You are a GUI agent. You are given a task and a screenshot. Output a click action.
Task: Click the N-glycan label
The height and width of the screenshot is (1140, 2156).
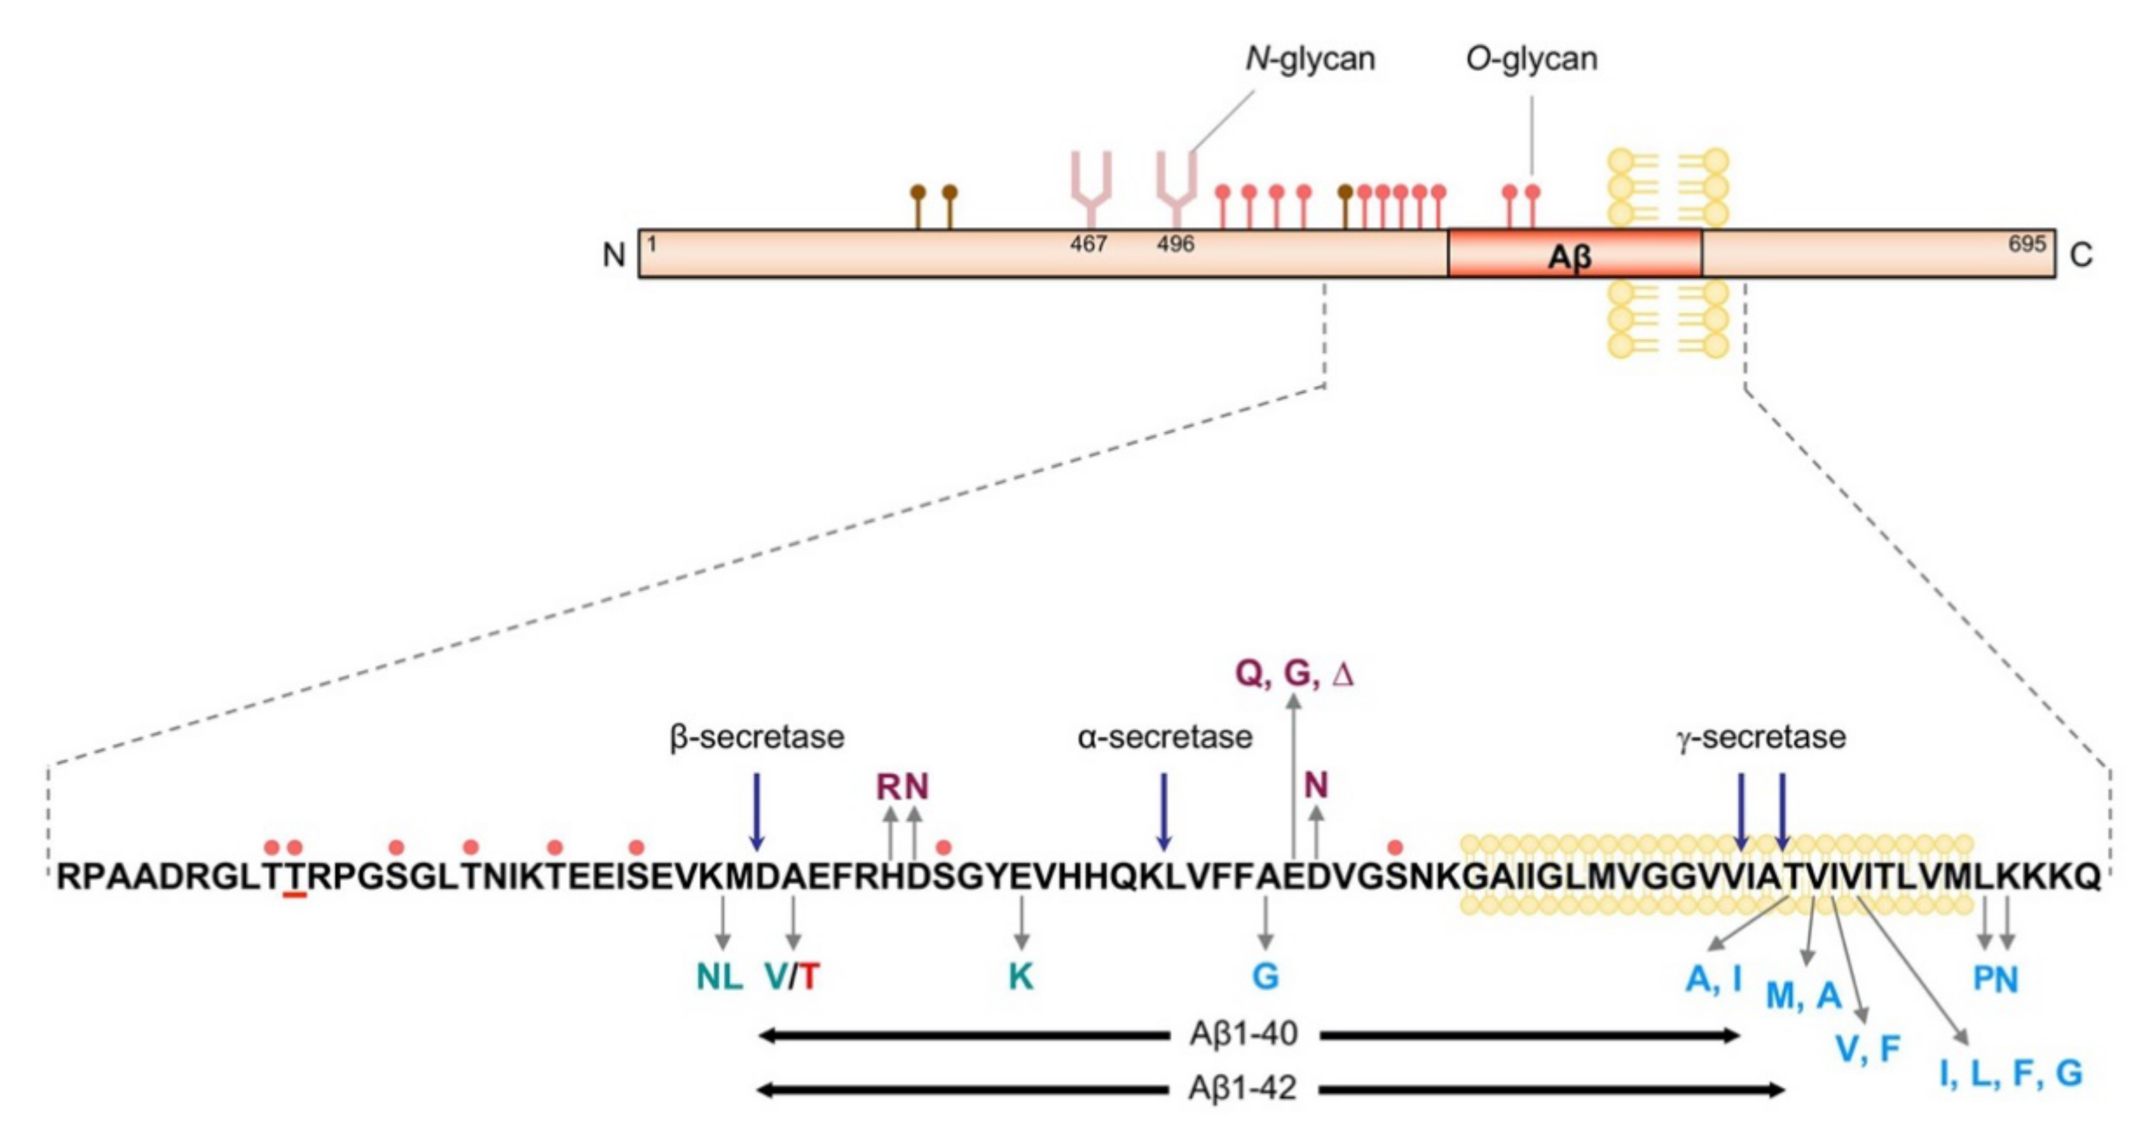click(1310, 59)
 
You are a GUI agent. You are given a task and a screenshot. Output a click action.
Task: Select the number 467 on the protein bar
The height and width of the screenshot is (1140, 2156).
click(1088, 244)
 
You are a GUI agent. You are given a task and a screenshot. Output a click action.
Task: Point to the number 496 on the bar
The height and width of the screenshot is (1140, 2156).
click(1175, 244)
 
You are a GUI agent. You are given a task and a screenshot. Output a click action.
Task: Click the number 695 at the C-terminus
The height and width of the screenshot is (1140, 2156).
click(2026, 244)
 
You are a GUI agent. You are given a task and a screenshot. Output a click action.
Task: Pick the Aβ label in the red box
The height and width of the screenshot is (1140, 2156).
click(1570, 256)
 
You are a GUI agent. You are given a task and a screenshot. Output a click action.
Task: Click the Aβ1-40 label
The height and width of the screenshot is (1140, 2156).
click(1244, 1034)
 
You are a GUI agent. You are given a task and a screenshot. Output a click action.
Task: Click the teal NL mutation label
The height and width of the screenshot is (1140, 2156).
click(720, 977)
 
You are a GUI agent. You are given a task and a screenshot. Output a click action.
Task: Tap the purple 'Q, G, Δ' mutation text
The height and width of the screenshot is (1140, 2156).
click(1294, 674)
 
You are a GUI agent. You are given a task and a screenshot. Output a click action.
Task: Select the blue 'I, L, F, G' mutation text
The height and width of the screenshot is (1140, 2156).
click(2010, 1073)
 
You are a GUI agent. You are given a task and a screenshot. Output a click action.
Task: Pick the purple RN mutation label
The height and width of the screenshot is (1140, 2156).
click(902, 787)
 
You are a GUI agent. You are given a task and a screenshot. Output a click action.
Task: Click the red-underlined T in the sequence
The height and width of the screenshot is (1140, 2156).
click(295, 876)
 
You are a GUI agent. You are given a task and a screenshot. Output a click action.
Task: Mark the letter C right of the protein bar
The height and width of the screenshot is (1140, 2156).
click(2082, 255)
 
